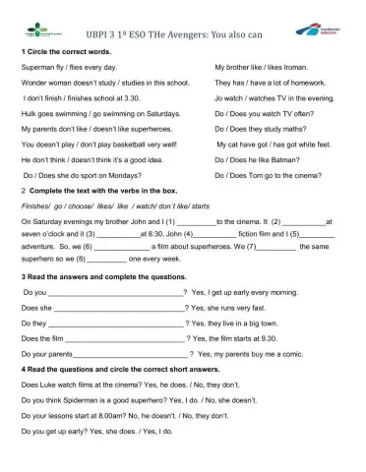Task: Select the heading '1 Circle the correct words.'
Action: pos(65,50)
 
